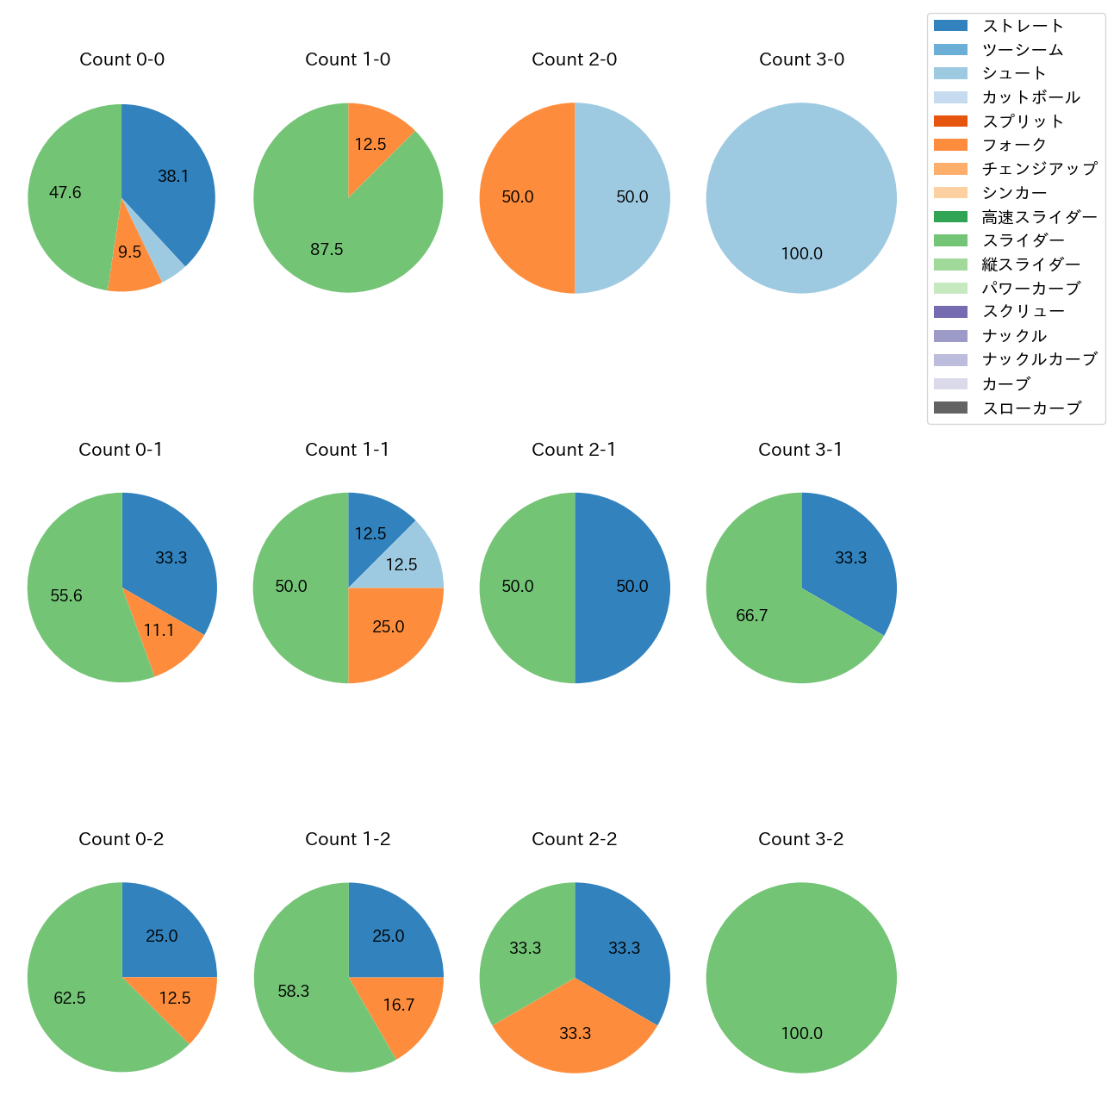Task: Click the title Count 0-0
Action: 121,59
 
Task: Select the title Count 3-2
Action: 800,839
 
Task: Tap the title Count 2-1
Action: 574,450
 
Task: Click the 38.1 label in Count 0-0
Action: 173,177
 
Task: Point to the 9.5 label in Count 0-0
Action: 130,252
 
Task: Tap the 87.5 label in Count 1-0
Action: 327,250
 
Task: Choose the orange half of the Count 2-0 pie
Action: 521,197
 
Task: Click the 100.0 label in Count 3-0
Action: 801,254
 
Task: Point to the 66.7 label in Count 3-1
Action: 752,616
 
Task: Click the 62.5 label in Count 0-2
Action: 70,999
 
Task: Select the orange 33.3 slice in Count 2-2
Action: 575,1034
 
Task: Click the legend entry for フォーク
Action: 1014,145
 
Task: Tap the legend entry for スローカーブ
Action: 1031,408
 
